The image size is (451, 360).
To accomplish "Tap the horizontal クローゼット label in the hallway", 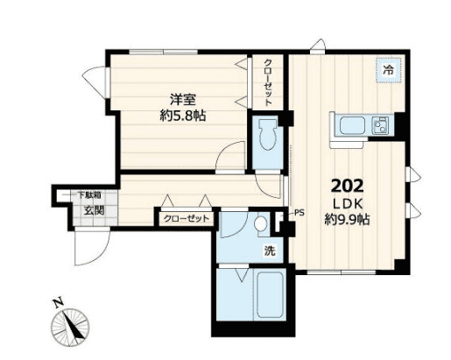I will pos(186,219).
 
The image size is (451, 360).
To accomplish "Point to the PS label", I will pos(299,212).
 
